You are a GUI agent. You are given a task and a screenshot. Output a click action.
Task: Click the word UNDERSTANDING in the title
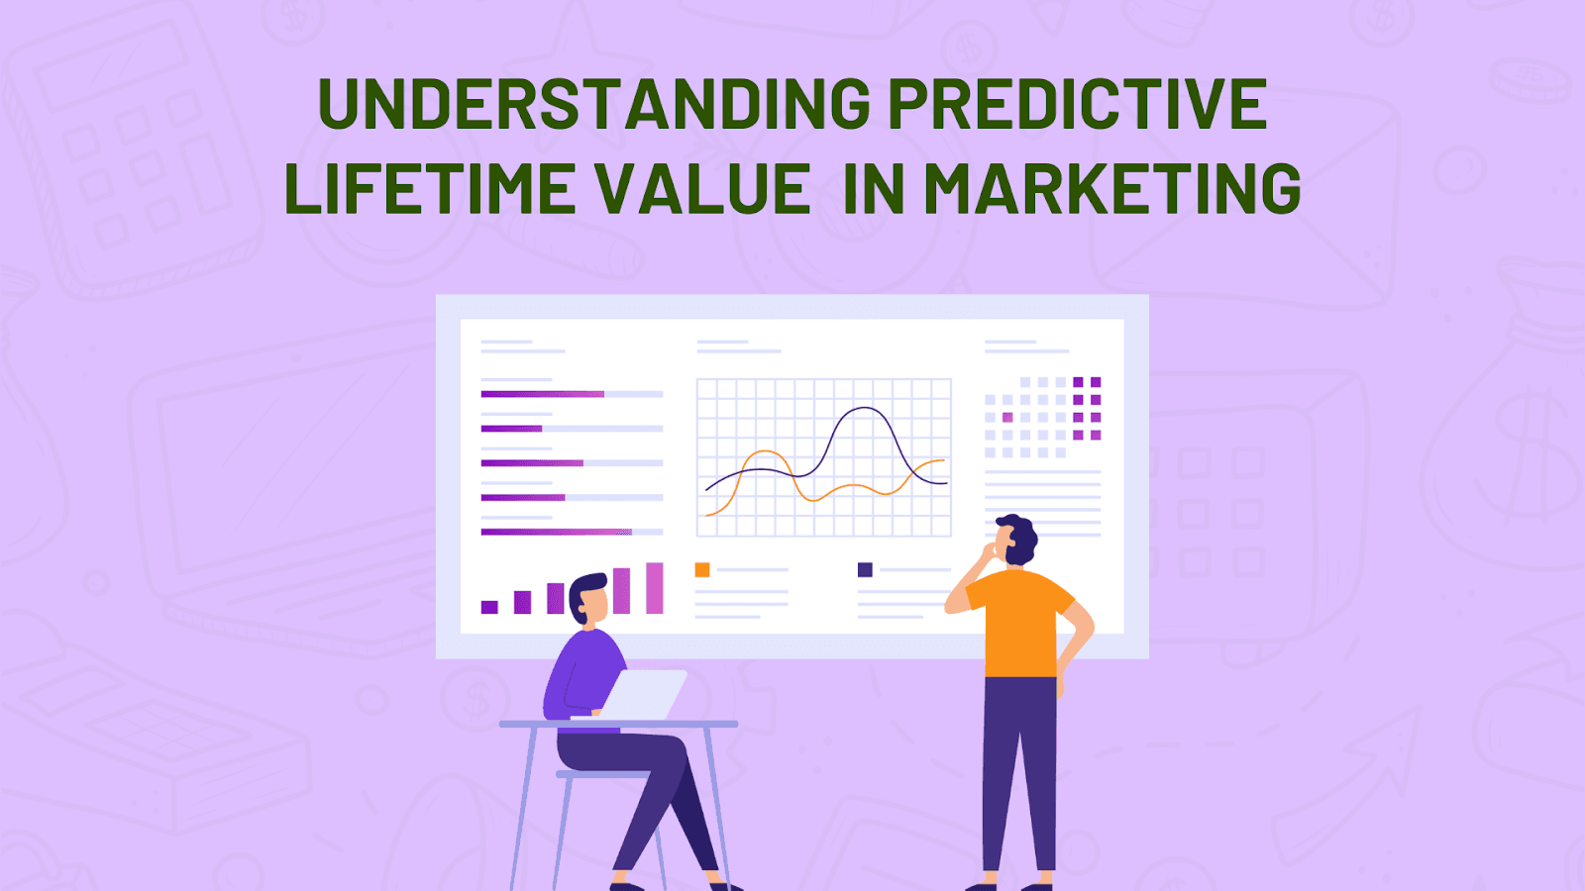click(594, 103)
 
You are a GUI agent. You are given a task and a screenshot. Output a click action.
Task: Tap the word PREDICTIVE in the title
click(1077, 103)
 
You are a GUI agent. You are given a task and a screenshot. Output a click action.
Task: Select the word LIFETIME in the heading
click(430, 187)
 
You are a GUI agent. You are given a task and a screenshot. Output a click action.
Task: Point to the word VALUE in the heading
click(702, 187)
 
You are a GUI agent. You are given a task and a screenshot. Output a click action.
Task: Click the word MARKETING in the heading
click(1112, 187)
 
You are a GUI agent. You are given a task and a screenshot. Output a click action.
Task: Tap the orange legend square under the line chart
click(702, 569)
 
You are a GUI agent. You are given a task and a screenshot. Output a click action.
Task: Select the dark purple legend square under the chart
click(865, 569)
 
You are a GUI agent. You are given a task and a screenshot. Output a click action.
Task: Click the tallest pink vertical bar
click(655, 588)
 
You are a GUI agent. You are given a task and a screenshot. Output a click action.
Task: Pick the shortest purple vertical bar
click(489, 607)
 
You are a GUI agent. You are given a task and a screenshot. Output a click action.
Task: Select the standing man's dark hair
click(1020, 539)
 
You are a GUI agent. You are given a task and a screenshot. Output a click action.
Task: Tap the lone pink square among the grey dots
click(1007, 417)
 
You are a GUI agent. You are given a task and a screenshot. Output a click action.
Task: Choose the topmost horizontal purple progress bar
click(543, 394)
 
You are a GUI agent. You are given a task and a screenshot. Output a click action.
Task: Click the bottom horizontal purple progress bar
click(556, 532)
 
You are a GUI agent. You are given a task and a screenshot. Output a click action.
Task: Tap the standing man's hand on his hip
click(1061, 680)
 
